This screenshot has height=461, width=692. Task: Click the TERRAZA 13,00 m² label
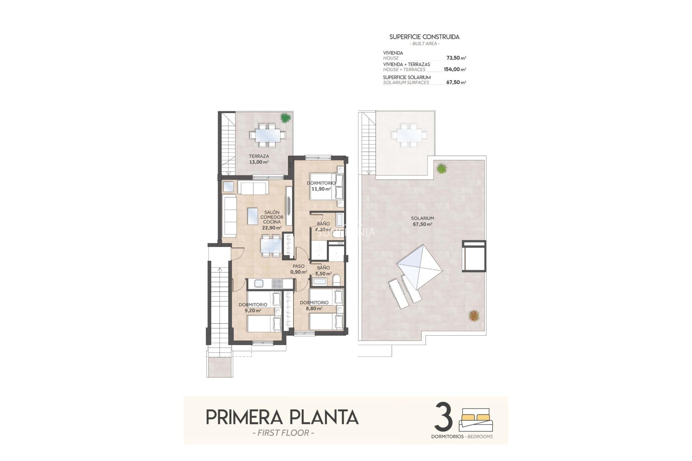[259, 159]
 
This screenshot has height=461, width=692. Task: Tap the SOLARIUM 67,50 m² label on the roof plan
[422, 221]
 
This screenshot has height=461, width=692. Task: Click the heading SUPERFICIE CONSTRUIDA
[424, 37]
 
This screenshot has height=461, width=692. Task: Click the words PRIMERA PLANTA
[282, 417]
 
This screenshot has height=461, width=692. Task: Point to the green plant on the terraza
[285, 117]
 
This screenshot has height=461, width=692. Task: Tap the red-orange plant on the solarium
[474, 316]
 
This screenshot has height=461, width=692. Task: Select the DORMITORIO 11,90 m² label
[321, 186]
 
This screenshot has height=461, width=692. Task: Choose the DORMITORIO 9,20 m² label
[253, 307]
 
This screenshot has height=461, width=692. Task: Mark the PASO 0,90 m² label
[298, 269]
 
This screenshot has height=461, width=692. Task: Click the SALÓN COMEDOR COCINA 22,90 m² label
[271, 220]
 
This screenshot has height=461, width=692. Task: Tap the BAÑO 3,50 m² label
[323, 270]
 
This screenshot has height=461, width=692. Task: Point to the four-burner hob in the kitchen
[277, 284]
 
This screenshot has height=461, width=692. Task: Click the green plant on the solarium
[442, 168]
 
